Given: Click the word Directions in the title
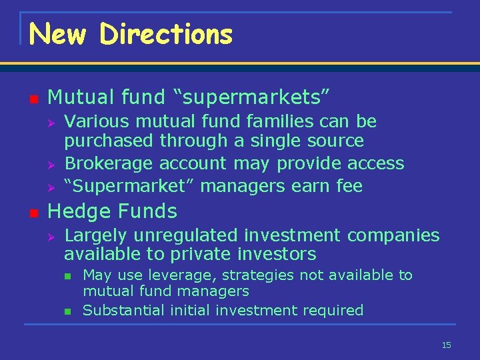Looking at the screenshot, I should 166,33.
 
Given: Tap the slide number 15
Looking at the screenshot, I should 446,345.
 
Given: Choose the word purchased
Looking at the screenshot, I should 109,141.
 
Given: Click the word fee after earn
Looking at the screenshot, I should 349,186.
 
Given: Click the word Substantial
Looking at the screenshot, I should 116,310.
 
